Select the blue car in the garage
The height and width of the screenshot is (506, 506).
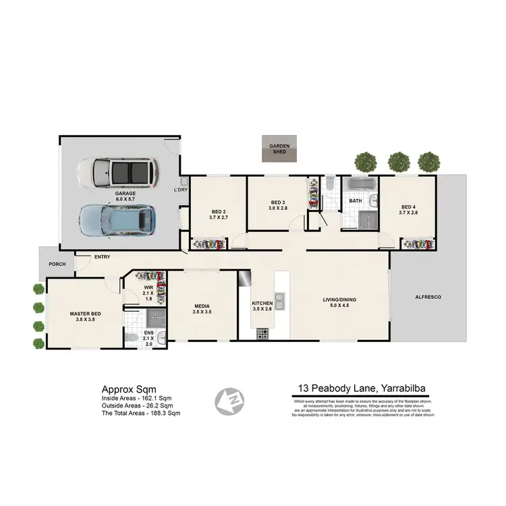coord(118,220)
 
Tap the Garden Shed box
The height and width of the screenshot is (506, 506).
coord(279,149)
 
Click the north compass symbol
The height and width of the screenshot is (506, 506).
coord(229,401)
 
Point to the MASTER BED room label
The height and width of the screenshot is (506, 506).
coord(86,314)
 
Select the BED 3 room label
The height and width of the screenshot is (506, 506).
coord(279,202)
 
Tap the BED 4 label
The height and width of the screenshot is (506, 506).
coord(409,207)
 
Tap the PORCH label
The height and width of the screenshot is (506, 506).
coord(57,264)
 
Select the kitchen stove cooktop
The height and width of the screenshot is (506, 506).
coord(262,333)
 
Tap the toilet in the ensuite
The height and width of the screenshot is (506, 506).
coord(133,338)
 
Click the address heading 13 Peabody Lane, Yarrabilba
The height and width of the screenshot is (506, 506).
coord(362,389)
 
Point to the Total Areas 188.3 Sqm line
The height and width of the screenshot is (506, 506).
coord(140,412)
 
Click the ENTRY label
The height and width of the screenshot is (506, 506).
coord(103,257)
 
